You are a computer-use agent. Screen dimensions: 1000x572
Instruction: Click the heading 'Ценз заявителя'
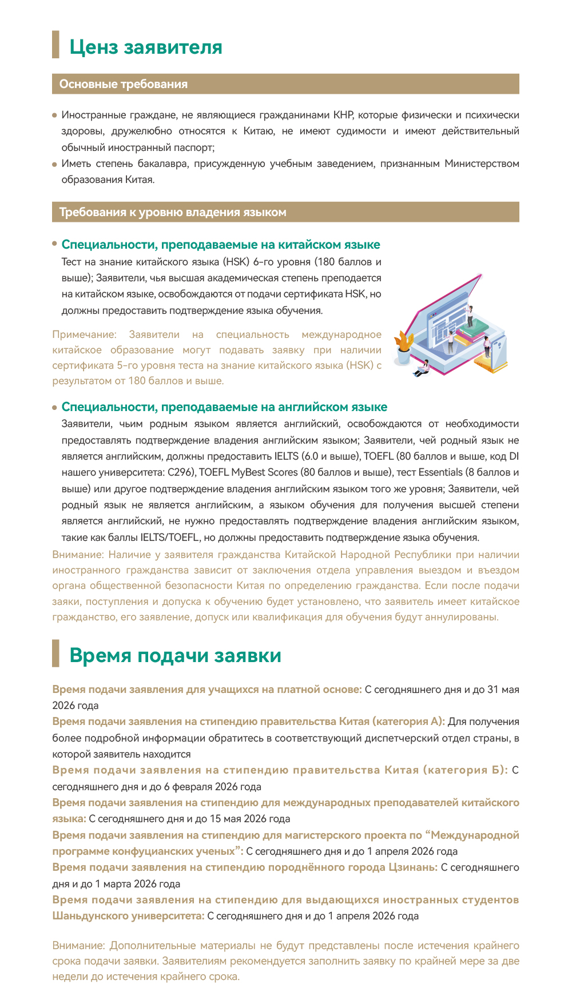coord(145,47)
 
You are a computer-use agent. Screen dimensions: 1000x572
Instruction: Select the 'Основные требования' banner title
coord(123,84)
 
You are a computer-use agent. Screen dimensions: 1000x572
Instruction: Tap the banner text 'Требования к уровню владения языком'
coord(172,212)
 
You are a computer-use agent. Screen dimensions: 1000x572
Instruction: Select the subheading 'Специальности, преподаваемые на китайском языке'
coord(220,245)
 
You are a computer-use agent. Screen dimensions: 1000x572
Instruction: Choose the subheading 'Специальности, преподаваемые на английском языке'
coord(224,407)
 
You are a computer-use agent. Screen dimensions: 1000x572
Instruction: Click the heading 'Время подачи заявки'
coord(175,655)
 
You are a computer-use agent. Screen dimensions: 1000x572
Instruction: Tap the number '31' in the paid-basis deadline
coord(493,690)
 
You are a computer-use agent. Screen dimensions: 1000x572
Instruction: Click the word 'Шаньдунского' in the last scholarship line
coord(91,916)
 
